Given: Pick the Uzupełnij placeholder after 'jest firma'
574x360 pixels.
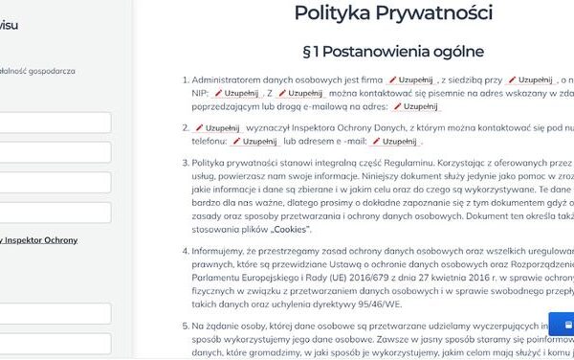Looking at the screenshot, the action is [411, 79].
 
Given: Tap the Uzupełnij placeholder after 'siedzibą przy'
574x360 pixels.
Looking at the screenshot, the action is [531, 79].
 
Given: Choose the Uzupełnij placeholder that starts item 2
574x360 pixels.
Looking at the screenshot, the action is [217, 126].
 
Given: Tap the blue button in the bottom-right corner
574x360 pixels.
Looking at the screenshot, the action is [563, 326].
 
